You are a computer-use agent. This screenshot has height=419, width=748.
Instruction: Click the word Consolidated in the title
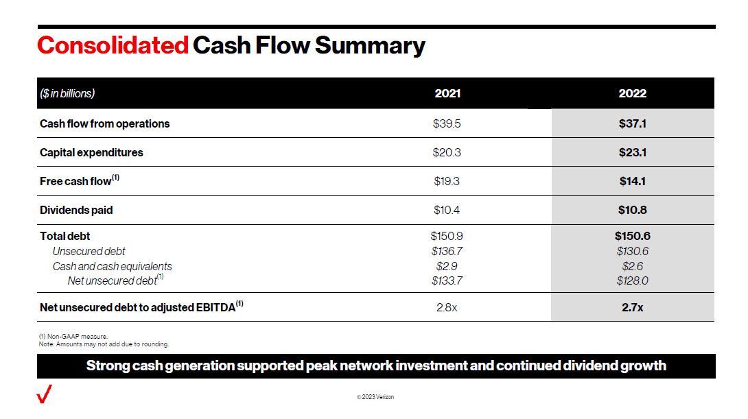[x=113, y=45]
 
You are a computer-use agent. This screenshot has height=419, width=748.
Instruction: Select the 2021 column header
[x=447, y=93]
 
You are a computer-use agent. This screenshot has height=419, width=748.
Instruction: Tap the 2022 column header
[x=632, y=93]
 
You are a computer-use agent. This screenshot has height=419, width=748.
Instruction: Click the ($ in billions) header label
[x=67, y=93]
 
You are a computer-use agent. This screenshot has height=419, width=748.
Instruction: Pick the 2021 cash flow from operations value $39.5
[x=447, y=123]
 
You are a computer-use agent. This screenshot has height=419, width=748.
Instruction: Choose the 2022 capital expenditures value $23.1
[x=632, y=152]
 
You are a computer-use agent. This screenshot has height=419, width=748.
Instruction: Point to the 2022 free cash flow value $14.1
[x=632, y=181]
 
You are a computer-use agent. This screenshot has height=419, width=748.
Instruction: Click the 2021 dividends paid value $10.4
[x=447, y=210]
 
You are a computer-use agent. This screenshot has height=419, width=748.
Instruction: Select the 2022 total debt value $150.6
[x=632, y=236]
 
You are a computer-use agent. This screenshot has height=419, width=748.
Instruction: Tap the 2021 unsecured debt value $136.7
[x=447, y=251]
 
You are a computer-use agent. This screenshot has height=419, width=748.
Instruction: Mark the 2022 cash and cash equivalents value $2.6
[x=632, y=266]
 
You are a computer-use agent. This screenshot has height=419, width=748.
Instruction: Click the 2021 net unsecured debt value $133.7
[x=447, y=280]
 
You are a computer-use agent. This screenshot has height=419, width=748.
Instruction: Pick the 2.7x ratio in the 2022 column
[x=632, y=307]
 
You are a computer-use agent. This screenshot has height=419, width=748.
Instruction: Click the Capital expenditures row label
[x=91, y=152]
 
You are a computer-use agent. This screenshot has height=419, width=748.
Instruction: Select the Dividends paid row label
[x=76, y=210]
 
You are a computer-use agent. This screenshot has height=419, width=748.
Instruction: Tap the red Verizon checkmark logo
[x=44, y=394]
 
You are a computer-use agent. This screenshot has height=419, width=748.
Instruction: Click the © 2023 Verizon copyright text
[x=375, y=397]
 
